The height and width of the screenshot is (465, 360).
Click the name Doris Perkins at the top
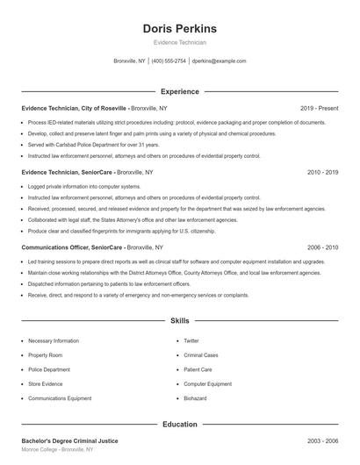(180, 28)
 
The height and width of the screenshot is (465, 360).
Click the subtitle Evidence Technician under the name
(180, 42)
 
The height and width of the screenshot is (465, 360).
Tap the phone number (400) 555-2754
(169, 61)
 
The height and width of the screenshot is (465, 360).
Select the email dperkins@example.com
(219, 61)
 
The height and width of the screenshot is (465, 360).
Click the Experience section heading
(180, 91)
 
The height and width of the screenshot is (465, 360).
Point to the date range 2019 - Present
(319, 108)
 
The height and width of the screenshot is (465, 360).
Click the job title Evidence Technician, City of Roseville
(75, 108)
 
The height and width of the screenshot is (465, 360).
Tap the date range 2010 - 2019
(322, 173)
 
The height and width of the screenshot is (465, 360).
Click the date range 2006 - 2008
(322, 248)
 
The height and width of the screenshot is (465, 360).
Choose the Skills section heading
(180, 322)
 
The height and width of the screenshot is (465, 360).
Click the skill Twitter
(191, 340)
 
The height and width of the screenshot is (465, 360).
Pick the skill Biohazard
(194, 398)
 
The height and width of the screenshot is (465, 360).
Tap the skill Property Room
(45, 355)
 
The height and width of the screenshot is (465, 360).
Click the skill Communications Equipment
(60, 398)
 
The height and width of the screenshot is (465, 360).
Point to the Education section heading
(180, 425)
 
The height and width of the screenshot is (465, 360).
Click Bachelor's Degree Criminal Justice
(69, 440)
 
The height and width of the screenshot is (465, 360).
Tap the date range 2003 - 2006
(322, 440)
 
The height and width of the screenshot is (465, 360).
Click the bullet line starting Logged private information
(83, 187)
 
